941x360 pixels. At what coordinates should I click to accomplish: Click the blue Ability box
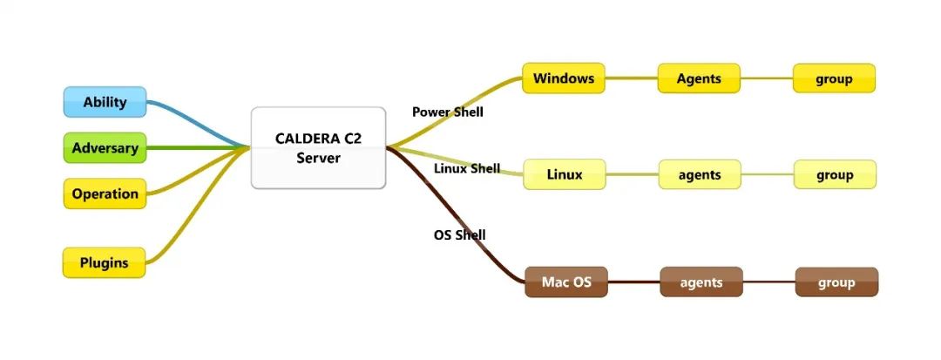pos(105,102)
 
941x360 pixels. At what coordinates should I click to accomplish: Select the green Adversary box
pos(105,148)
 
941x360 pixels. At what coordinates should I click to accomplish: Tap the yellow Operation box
pos(105,194)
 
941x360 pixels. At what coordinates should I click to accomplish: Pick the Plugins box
pos(105,262)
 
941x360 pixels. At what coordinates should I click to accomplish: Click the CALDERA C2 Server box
pos(318,147)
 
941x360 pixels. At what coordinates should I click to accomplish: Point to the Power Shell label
pos(447,112)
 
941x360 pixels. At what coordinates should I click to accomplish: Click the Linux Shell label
pos(467,168)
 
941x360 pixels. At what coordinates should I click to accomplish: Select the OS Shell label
pos(459,234)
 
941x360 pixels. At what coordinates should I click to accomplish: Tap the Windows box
pos(564,78)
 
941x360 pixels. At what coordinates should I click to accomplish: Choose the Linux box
pos(565,174)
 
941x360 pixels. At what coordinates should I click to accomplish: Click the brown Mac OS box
pos(566,282)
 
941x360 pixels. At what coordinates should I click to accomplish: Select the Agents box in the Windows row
pos(699,78)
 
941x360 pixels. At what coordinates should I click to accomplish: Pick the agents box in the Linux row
pos(700,174)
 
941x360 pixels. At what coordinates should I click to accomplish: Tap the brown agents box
pos(701,282)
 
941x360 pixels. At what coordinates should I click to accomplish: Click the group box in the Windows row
pos(834,78)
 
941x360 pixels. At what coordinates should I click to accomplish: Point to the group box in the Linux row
pos(835,174)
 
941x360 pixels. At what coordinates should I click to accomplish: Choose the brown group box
pos(836,282)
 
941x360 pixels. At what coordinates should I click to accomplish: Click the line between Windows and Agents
pos(632,78)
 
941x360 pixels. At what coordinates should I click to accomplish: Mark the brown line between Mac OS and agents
pos(633,282)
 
